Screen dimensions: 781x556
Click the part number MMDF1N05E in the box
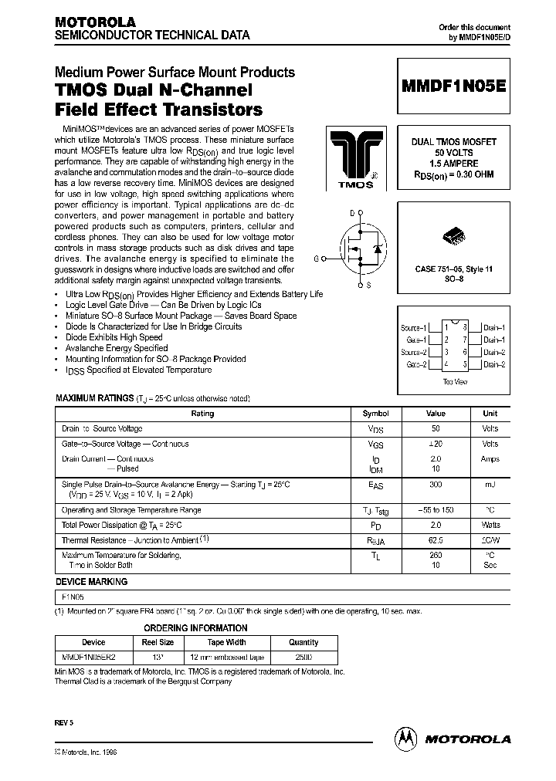pos(454,87)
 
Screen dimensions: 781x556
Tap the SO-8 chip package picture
pos(453,235)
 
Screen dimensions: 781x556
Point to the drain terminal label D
pos(352,212)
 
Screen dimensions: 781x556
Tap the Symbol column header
pos(376,414)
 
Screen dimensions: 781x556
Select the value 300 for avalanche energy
pos(436,484)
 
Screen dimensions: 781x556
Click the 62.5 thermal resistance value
pos(436,542)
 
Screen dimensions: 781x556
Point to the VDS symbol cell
pos(376,429)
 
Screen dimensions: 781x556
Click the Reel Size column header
pos(155,642)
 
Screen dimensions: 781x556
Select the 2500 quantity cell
pos(303,657)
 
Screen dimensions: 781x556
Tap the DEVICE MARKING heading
pos(92,582)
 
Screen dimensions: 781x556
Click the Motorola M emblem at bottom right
pos(405,738)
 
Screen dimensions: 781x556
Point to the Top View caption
pos(454,381)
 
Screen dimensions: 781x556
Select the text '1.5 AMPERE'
pos(453,164)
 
